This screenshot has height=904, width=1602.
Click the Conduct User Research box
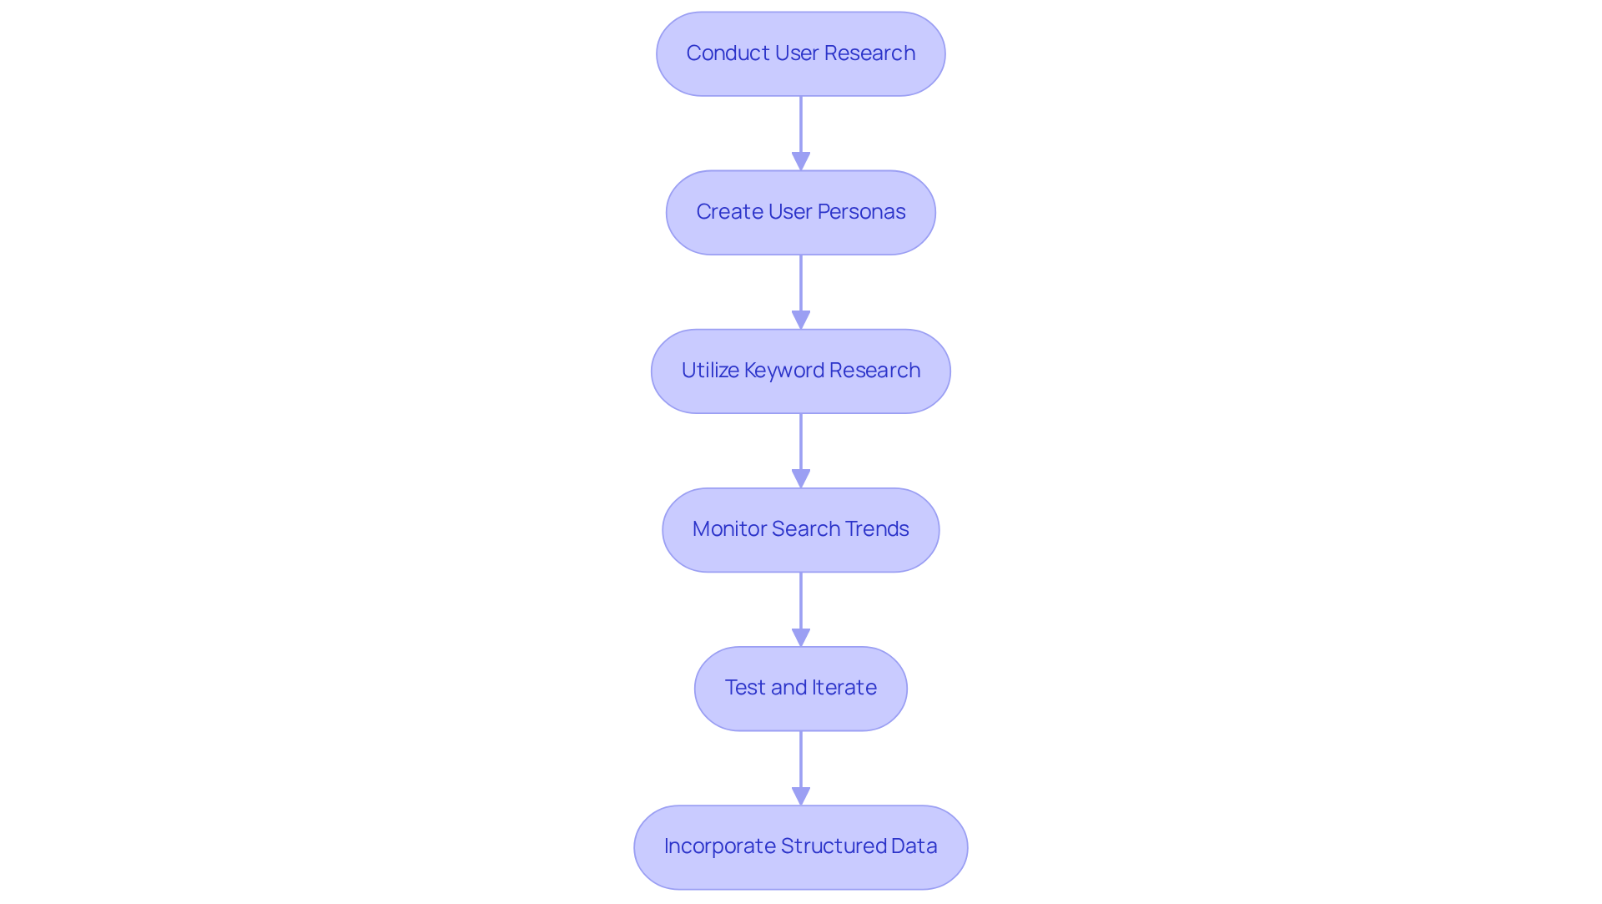pyautogui.click(x=800, y=54)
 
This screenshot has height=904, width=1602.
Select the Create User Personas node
pyautogui.click(x=800, y=213)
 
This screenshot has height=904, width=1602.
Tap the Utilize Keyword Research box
pyautogui.click(x=800, y=371)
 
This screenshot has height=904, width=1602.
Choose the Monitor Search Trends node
pyautogui.click(x=800, y=530)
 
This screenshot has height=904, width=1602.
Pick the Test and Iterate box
pyautogui.click(x=800, y=689)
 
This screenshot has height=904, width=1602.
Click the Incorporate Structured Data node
pyautogui.click(x=800, y=847)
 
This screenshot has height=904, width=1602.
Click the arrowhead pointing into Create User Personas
pyautogui.click(x=801, y=161)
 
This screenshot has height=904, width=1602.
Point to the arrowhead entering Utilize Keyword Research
pyautogui.click(x=801, y=320)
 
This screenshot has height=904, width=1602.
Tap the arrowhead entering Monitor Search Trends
pyautogui.click(x=801, y=478)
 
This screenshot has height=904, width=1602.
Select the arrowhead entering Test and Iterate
pyautogui.click(x=801, y=637)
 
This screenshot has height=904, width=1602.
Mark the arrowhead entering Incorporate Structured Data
pyautogui.click(x=801, y=795)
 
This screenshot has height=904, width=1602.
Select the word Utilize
pyautogui.click(x=710, y=371)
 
